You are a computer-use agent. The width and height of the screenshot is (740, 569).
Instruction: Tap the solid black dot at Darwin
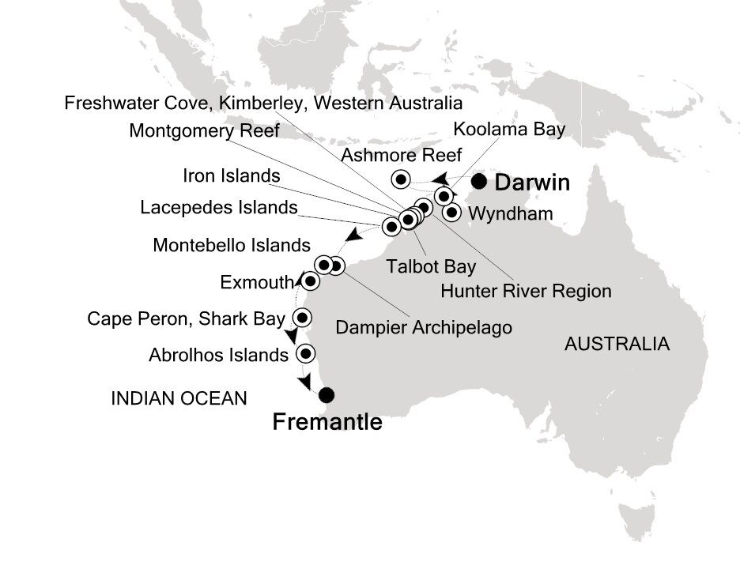[479, 182]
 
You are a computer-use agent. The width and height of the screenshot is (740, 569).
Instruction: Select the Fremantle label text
[327, 422]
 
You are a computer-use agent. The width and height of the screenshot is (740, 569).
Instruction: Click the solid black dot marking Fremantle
[327, 395]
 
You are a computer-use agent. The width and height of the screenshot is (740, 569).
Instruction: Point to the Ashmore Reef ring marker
[400, 178]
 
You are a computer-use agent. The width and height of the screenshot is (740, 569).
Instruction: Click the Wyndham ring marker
[451, 212]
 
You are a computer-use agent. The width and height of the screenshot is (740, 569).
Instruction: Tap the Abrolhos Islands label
[218, 355]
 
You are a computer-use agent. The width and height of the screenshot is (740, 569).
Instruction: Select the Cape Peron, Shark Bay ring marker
[301, 318]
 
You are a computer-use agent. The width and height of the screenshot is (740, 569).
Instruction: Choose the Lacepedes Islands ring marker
[391, 227]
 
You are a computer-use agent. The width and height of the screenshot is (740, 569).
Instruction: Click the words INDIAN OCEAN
[179, 398]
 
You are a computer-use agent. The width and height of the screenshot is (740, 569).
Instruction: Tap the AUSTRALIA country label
[616, 344]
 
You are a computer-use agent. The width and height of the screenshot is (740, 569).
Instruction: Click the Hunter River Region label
[526, 291]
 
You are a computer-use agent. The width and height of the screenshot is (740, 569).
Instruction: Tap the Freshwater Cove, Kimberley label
[262, 103]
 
